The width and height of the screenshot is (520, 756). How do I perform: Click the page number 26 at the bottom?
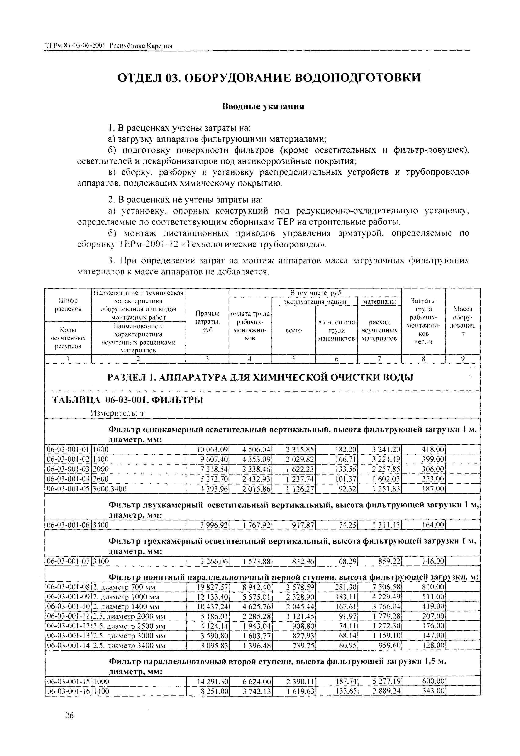[x=69, y=715]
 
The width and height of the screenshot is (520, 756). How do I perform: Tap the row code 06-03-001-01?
[x=68, y=450]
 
